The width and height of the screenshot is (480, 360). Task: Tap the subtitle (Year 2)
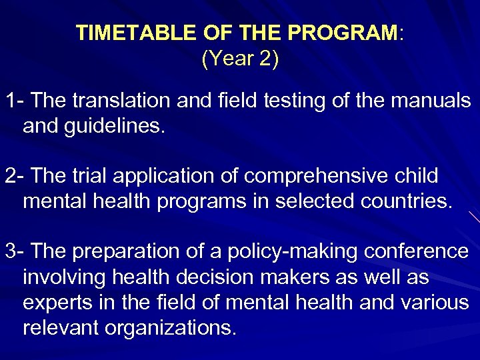tap(240, 59)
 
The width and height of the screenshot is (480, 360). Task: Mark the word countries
tap(405, 202)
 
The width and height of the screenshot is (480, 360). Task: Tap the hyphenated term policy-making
tap(279, 252)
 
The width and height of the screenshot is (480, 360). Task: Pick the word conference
tap(417, 252)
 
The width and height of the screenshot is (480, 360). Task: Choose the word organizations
tap(167, 328)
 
